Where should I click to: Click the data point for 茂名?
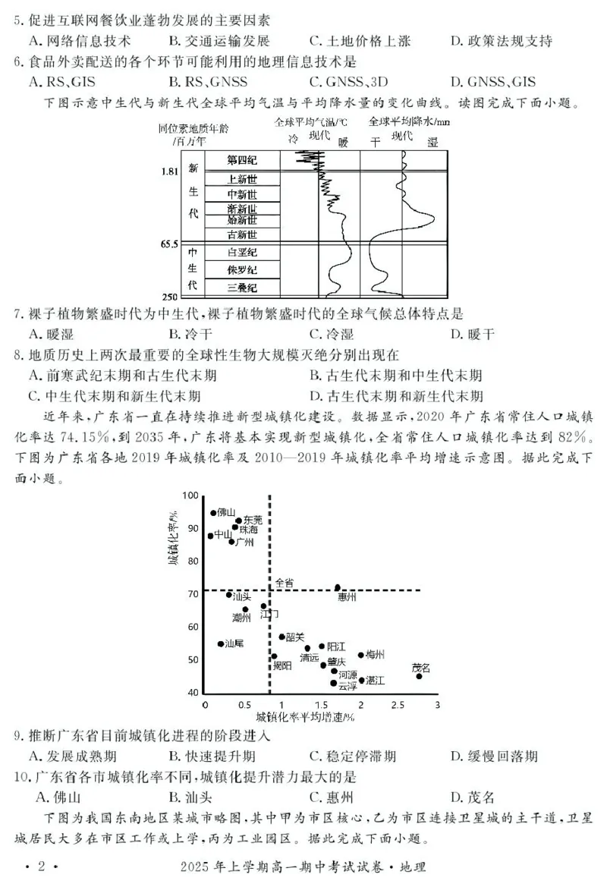point(419,676)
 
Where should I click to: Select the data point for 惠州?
point(338,587)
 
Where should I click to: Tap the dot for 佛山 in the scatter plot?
point(213,513)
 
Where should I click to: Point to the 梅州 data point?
point(361,655)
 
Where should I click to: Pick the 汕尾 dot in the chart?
point(221,643)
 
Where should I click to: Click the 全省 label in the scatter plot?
point(284,581)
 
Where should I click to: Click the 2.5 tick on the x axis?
point(398,705)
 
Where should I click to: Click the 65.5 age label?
point(168,244)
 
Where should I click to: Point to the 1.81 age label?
point(169,171)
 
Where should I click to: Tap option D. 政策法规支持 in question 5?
point(501,41)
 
